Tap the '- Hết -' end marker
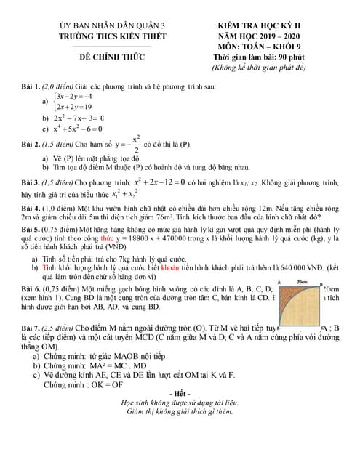[180, 394]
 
